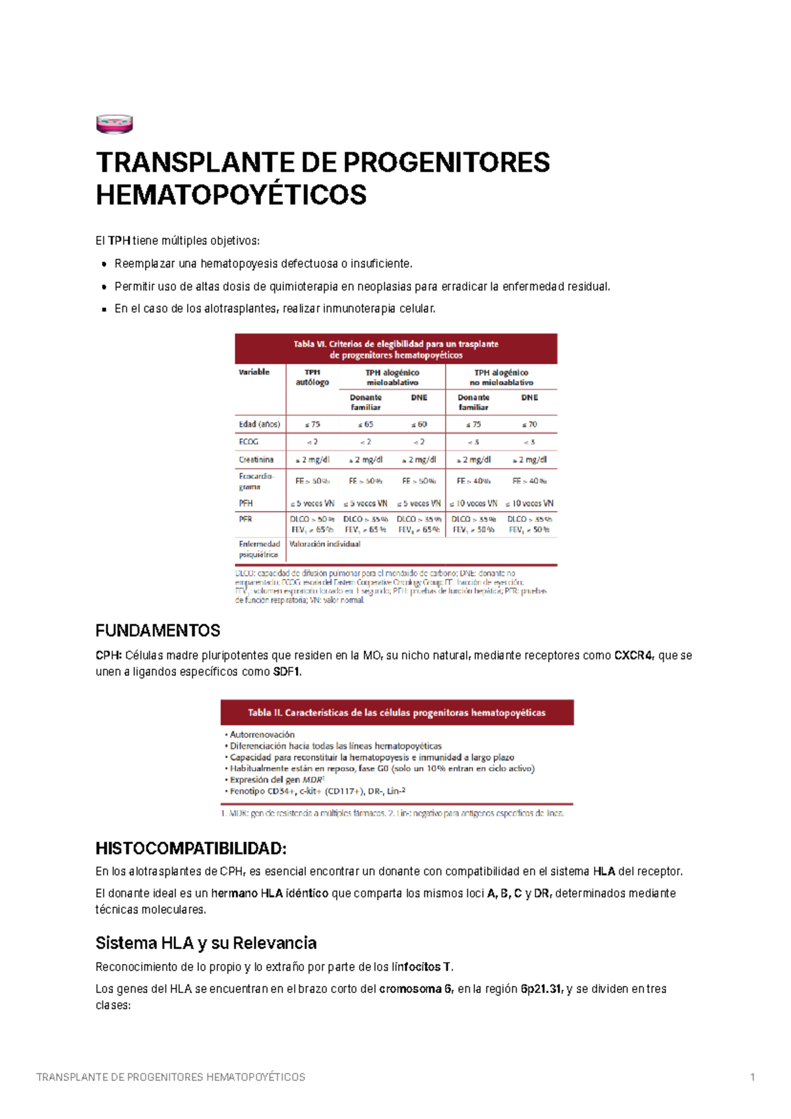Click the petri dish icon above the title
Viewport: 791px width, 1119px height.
click(114, 123)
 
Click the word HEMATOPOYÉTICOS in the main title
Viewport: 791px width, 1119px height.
click(231, 195)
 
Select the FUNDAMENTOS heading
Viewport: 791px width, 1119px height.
click(158, 630)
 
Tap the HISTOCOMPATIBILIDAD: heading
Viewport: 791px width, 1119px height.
click(190, 848)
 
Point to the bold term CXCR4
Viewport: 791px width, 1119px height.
click(633, 655)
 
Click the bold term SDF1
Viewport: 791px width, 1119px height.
click(287, 672)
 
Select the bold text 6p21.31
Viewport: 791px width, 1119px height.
click(541, 989)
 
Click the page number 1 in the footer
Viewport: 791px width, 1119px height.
click(752, 1077)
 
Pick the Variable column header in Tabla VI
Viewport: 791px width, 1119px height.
click(254, 372)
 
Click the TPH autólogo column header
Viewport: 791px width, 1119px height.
click(312, 377)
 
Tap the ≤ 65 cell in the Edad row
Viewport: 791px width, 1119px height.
click(365, 424)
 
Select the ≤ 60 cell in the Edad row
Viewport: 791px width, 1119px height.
click(419, 424)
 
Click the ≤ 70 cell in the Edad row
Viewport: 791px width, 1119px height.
click(529, 424)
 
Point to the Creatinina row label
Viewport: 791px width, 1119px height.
click(256, 460)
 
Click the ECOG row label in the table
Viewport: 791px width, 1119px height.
click(249, 442)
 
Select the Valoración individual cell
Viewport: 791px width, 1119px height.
click(325, 544)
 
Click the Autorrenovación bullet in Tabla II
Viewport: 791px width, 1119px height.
click(262, 735)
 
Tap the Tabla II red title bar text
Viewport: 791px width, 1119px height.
click(396, 713)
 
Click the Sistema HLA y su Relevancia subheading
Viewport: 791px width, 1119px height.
click(206, 943)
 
